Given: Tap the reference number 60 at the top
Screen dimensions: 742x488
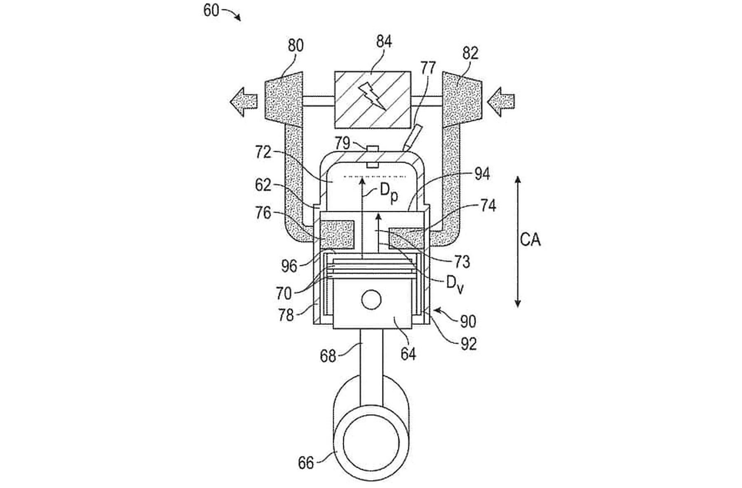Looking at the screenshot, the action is (211, 10).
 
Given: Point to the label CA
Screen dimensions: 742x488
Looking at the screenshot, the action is (530, 239).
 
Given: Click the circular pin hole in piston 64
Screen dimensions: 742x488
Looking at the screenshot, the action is (371, 299).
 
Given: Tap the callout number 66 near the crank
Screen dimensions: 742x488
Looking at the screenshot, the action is (306, 463).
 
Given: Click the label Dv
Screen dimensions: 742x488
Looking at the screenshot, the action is (455, 284).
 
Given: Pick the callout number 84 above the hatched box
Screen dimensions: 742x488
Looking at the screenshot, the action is (384, 42).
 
